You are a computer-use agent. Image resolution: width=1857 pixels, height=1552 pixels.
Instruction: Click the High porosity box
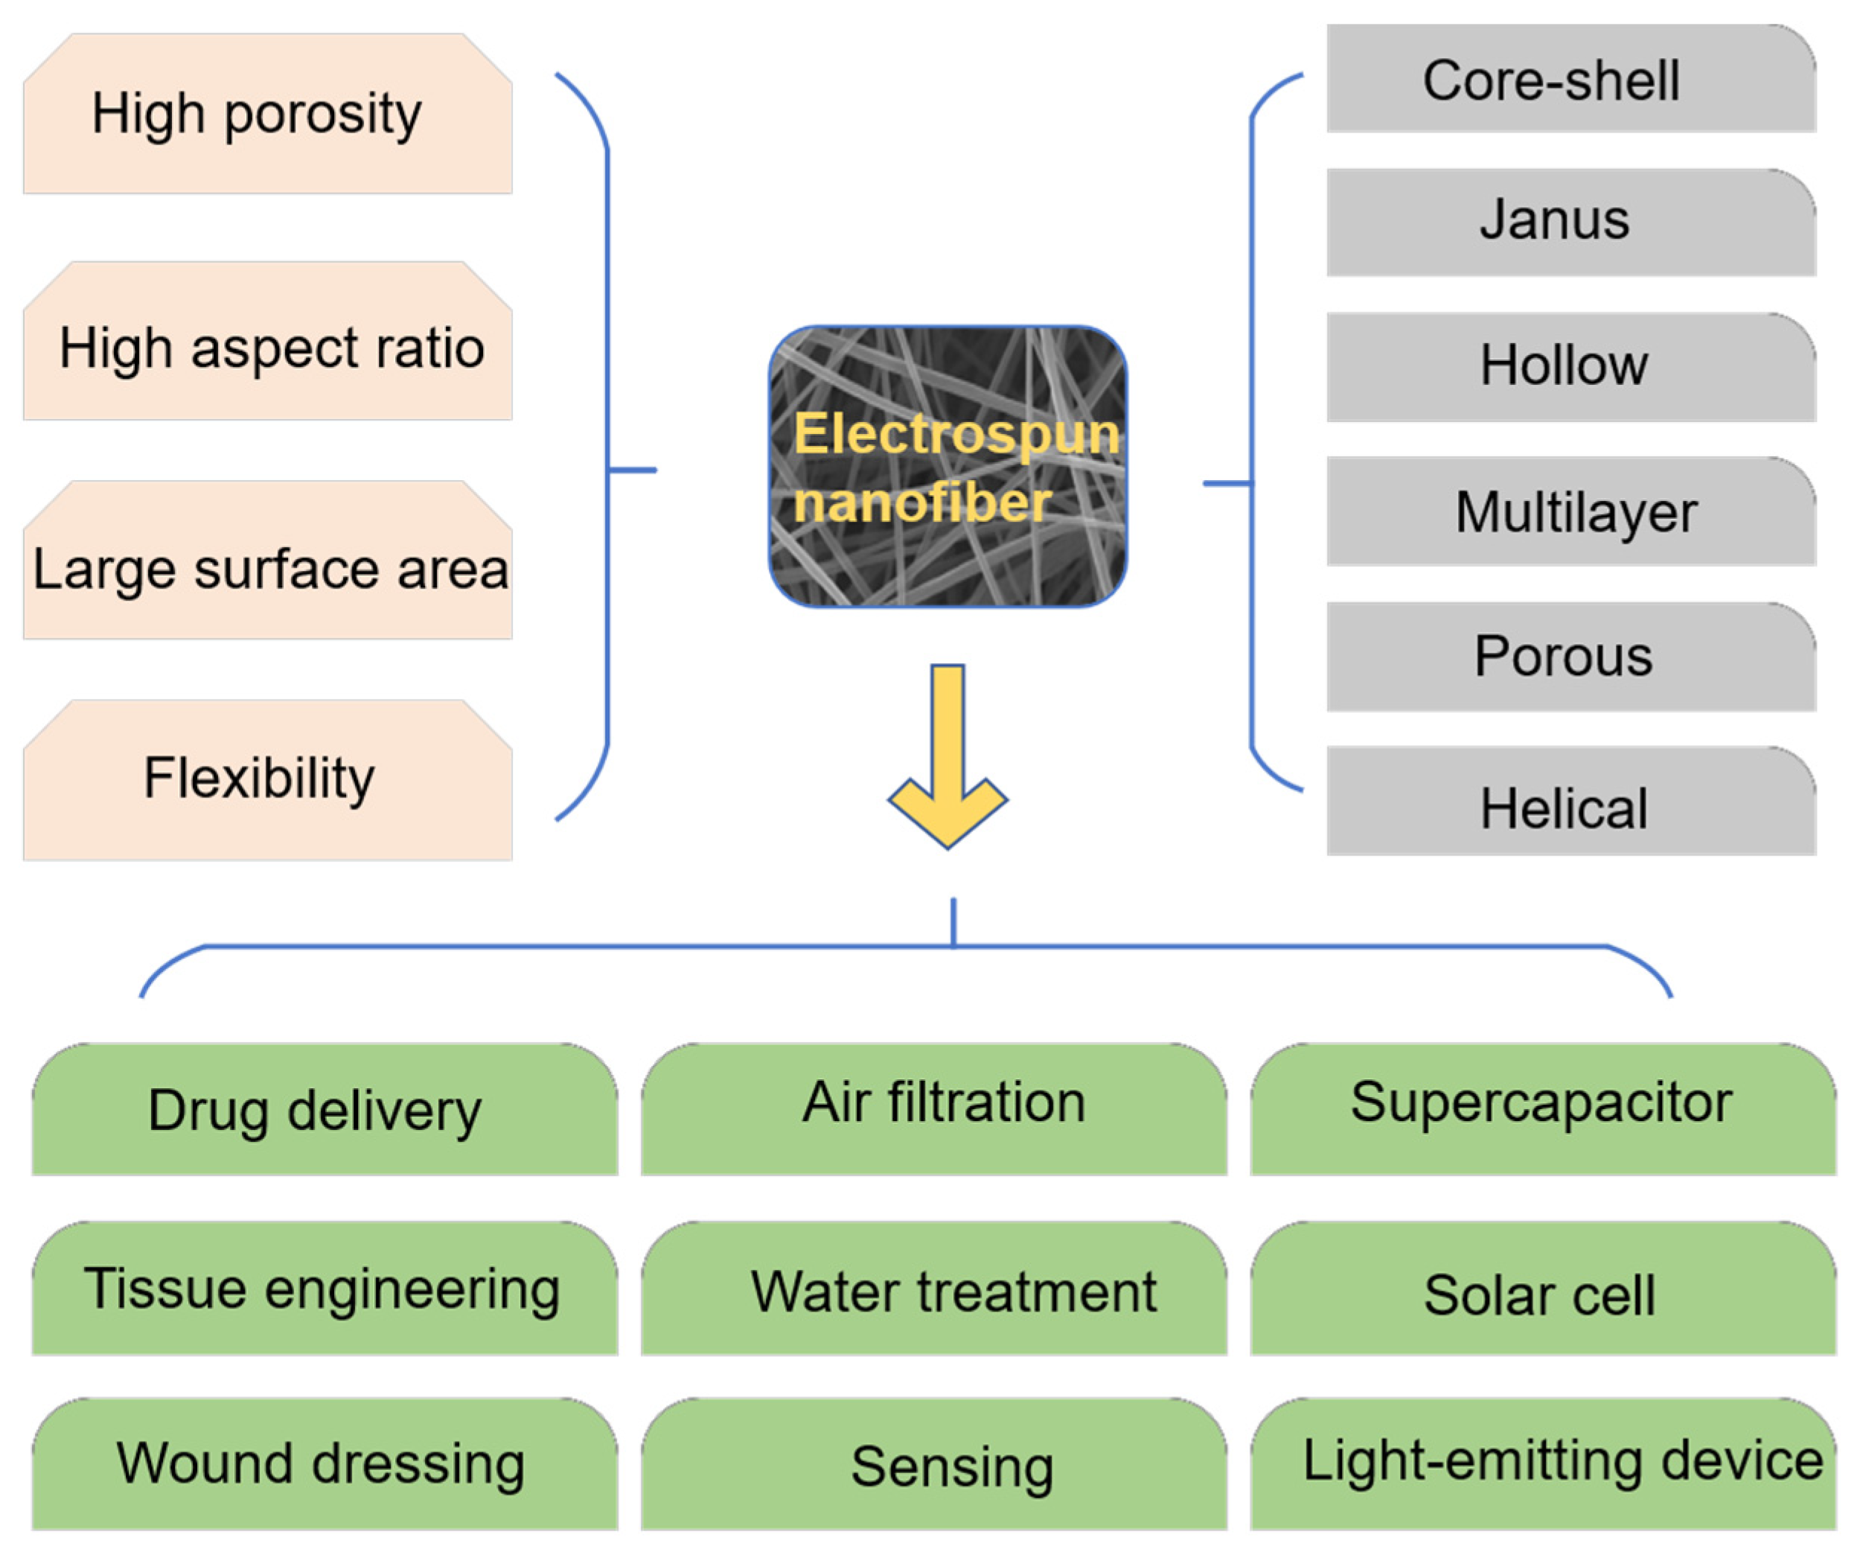pyautogui.click(x=268, y=113)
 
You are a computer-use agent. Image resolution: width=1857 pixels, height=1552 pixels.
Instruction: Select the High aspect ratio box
pyautogui.click(x=268, y=340)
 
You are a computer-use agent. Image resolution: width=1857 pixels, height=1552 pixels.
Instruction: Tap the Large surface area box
pyautogui.click(x=268, y=560)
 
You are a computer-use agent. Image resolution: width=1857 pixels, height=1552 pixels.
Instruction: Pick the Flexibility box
pyautogui.click(x=268, y=780)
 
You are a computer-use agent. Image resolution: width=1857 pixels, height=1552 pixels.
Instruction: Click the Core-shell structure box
pyautogui.click(x=1571, y=79)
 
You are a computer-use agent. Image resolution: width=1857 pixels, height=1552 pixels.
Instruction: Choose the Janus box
pyautogui.click(x=1571, y=222)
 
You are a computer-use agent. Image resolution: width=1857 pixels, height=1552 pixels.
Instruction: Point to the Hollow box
pyautogui.click(x=1571, y=367)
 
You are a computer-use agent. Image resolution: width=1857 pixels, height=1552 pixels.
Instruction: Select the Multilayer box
pyautogui.click(x=1571, y=511)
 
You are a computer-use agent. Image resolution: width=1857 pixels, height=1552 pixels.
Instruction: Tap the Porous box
pyautogui.click(x=1571, y=657)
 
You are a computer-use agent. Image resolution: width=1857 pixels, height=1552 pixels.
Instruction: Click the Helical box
pyautogui.click(x=1571, y=801)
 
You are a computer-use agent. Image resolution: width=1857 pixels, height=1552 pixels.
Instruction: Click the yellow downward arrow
pyautogui.click(x=948, y=757)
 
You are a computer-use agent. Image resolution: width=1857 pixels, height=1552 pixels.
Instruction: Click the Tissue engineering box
pyautogui.click(x=325, y=1288)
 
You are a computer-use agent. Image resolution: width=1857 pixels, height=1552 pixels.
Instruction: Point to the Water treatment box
pyautogui.click(x=934, y=1288)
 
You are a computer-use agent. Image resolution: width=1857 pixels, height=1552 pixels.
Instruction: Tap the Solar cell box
pyautogui.click(x=1543, y=1288)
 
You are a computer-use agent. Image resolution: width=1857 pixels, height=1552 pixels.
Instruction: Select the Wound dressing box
pyautogui.click(x=325, y=1464)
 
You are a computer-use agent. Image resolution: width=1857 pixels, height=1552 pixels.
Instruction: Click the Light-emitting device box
pyautogui.click(x=1543, y=1464)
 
